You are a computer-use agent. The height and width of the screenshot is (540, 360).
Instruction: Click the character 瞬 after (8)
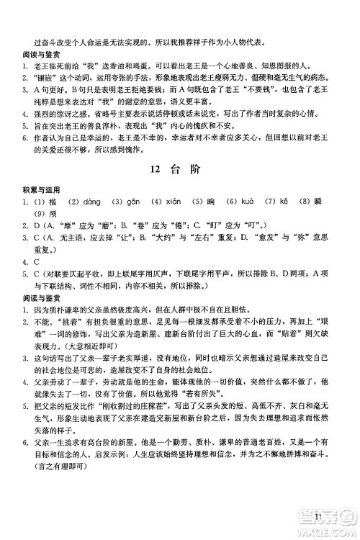330,220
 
